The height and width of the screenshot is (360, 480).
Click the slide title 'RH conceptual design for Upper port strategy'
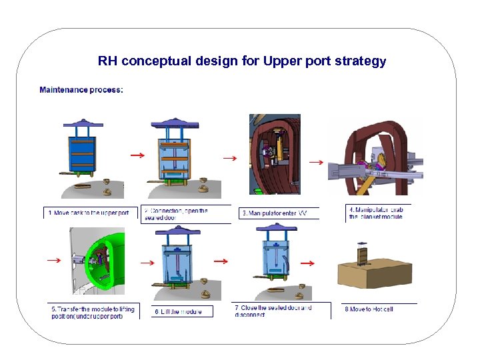[241, 61]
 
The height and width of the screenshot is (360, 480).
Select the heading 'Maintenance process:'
[81, 90]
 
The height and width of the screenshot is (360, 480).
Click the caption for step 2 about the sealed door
[177, 213]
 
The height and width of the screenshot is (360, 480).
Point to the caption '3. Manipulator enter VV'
[274, 213]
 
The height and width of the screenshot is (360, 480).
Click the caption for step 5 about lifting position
[93, 312]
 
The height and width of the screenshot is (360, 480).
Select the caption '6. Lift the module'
[178, 311]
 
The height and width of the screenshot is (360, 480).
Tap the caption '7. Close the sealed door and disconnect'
[273, 311]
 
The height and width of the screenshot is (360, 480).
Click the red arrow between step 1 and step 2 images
[137, 155]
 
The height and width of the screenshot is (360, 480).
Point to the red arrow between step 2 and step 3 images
[229, 158]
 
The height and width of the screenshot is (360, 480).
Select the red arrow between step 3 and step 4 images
[315, 161]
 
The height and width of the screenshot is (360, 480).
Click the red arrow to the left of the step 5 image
[53, 260]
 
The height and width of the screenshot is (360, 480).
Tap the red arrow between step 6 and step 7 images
[221, 261]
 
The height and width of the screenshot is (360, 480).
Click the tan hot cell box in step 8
[377, 276]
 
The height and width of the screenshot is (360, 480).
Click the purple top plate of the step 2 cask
[176, 123]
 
